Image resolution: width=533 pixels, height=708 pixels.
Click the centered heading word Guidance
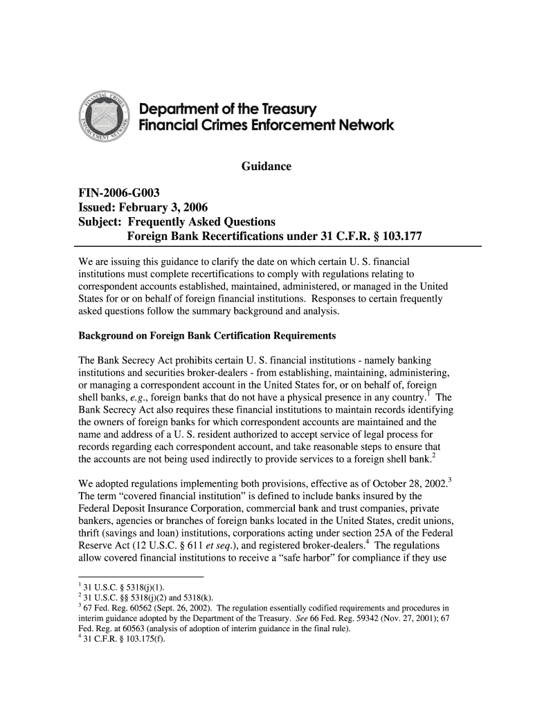(266, 167)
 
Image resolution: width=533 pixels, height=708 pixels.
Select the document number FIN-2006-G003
(119, 192)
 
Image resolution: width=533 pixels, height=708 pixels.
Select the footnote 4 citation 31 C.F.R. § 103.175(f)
(117, 638)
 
